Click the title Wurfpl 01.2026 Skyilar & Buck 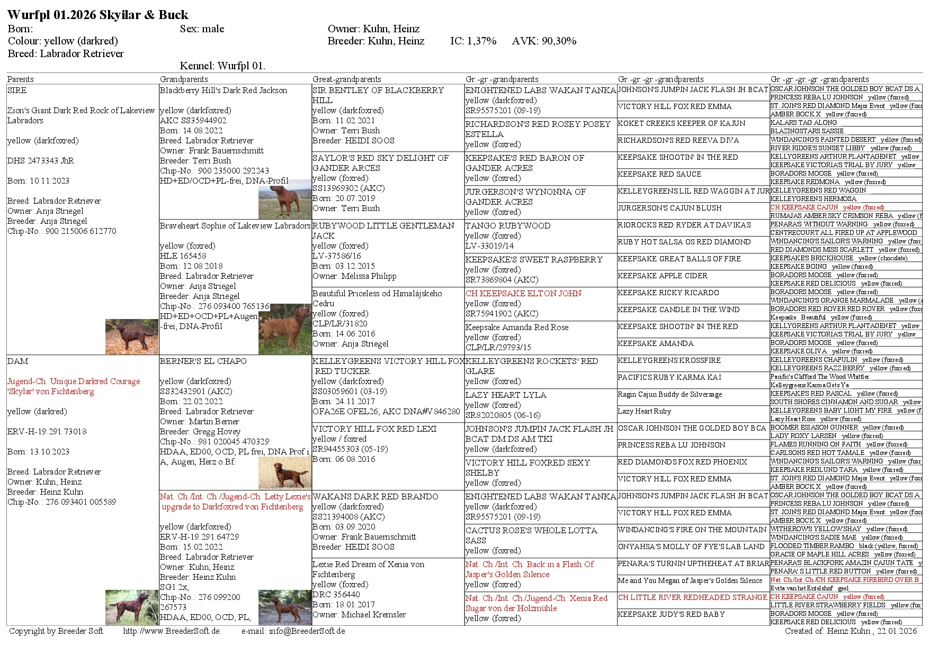[x=98, y=15]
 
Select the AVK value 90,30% [x=559, y=41]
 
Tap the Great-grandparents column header [x=346, y=79]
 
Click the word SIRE [x=17, y=90]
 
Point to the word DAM [x=17, y=361]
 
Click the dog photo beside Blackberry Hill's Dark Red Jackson [x=284, y=199]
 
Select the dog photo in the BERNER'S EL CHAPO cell [x=284, y=473]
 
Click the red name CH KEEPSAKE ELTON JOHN [x=523, y=294]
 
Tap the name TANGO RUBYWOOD [x=501, y=226]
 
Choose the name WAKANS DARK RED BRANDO [x=375, y=497]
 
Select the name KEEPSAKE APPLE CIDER [x=663, y=276]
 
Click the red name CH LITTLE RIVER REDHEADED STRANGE [x=692, y=597]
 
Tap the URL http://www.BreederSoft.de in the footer [x=171, y=631]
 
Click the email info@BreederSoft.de [x=307, y=631]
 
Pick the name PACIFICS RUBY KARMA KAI [x=669, y=377]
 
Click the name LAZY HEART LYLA [x=506, y=395]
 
